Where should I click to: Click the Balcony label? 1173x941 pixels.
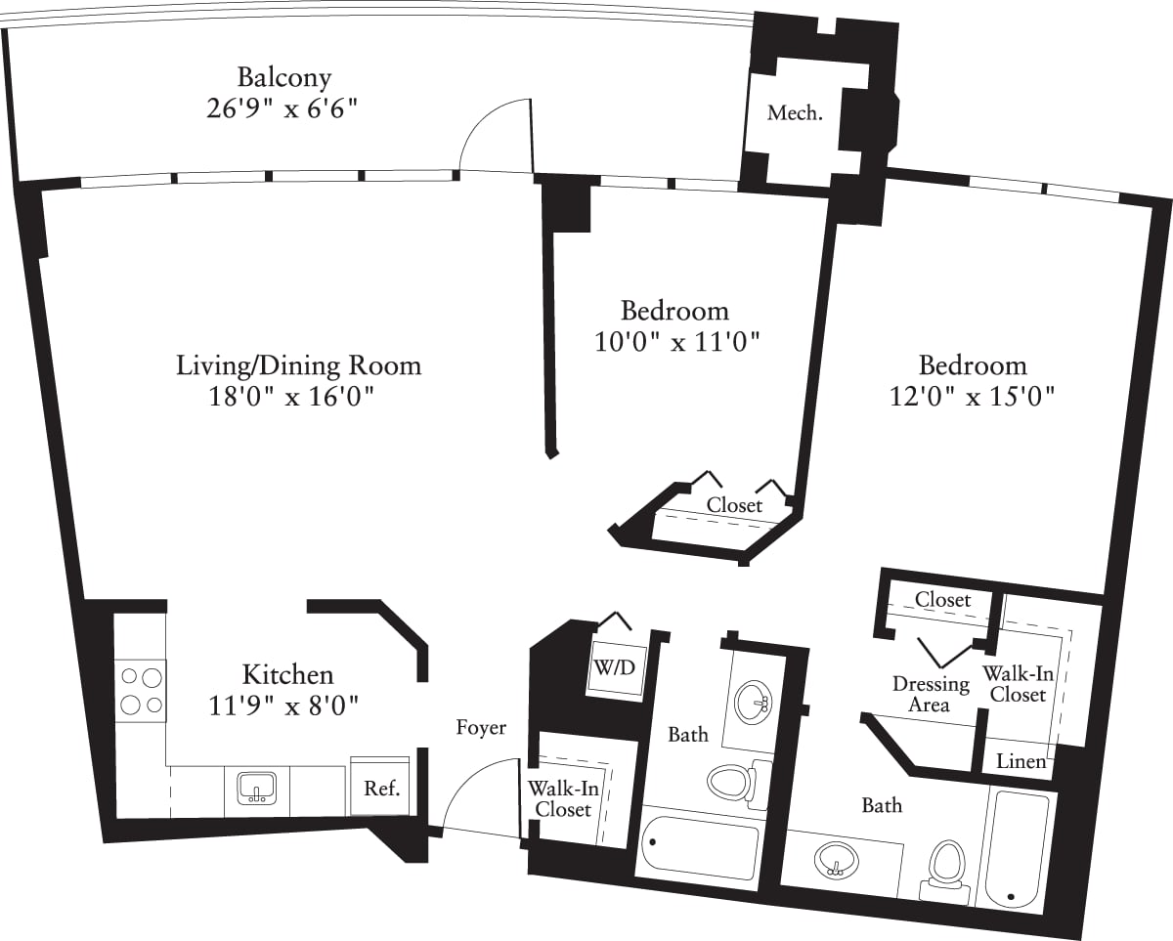(284, 78)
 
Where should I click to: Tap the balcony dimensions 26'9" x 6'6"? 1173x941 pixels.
(282, 109)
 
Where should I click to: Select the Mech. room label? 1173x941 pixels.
(795, 113)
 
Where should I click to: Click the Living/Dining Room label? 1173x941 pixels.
(299, 365)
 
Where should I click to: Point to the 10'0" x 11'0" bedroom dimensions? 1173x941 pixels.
(676, 342)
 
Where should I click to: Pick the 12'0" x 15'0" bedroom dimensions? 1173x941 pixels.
(973, 396)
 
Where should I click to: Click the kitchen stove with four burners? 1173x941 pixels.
(141, 691)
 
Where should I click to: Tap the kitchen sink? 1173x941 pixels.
(257, 789)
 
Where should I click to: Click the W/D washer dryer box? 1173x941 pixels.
(615, 668)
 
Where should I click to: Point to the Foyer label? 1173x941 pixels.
(481, 727)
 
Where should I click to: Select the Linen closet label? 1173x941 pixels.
(1021, 761)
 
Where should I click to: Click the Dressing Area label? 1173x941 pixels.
(931, 694)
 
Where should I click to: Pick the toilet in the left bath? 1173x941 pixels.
(738, 782)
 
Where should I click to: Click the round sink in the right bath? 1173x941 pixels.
(836, 862)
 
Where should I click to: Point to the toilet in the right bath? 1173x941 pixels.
(948, 868)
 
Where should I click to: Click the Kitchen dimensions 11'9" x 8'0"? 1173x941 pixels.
(283, 707)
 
